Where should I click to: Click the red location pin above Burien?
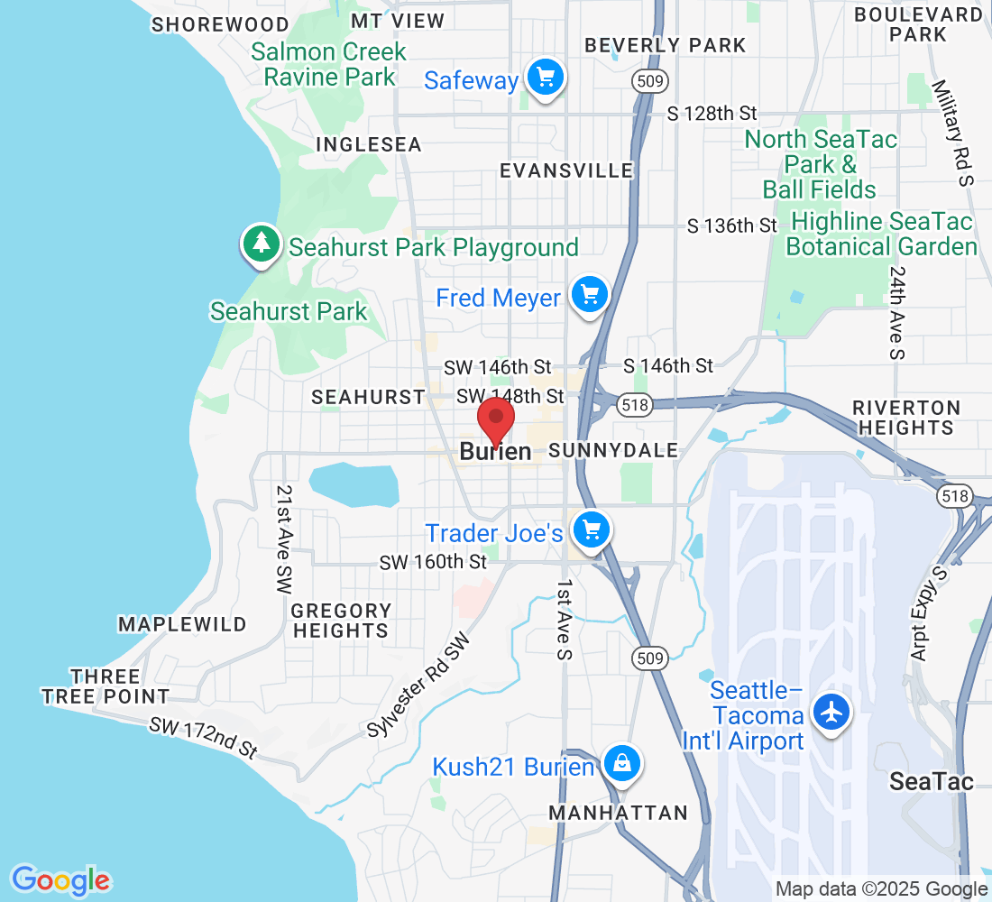click(495, 419)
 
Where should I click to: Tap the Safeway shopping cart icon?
click(545, 77)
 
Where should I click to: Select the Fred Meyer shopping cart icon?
click(590, 294)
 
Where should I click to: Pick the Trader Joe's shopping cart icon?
click(592, 529)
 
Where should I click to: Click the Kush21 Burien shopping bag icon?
click(621, 765)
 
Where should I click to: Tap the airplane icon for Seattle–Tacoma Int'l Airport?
click(831, 712)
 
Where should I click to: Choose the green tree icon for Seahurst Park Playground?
click(261, 244)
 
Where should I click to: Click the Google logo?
click(60, 879)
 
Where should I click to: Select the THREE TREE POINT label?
click(106, 686)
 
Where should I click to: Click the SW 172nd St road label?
click(204, 738)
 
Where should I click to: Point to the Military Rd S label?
click(954, 133)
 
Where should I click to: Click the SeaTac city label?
click(932, 781)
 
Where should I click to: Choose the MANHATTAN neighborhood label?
click(619, 813)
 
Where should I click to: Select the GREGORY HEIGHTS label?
click(342, 621)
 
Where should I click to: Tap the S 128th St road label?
click(712, 114)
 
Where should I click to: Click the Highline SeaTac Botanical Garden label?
click(882, 235)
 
